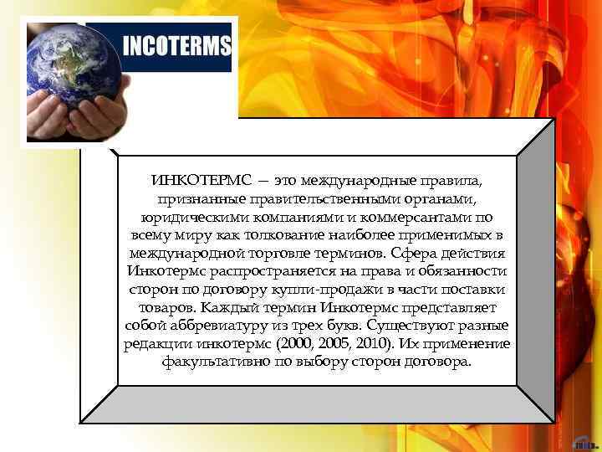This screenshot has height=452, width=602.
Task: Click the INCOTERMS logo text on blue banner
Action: click(176, 45)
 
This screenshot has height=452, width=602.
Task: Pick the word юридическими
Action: click(180, 217)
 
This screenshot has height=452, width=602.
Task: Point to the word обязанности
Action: click(463, 271)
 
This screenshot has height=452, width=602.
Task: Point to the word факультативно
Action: click(209, 362)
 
